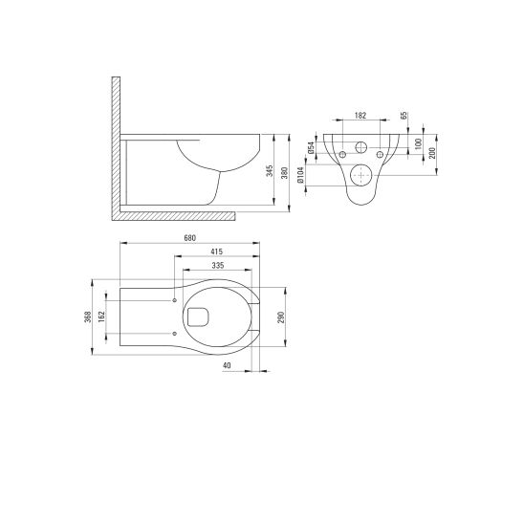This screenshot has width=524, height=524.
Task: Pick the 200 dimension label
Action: [x=431, y=153]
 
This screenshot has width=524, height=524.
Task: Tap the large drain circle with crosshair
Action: [x=362, y=174]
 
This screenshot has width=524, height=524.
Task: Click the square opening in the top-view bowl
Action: [x=200, y=317]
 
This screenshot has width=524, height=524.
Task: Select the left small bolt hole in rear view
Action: [x=341, y=155]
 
